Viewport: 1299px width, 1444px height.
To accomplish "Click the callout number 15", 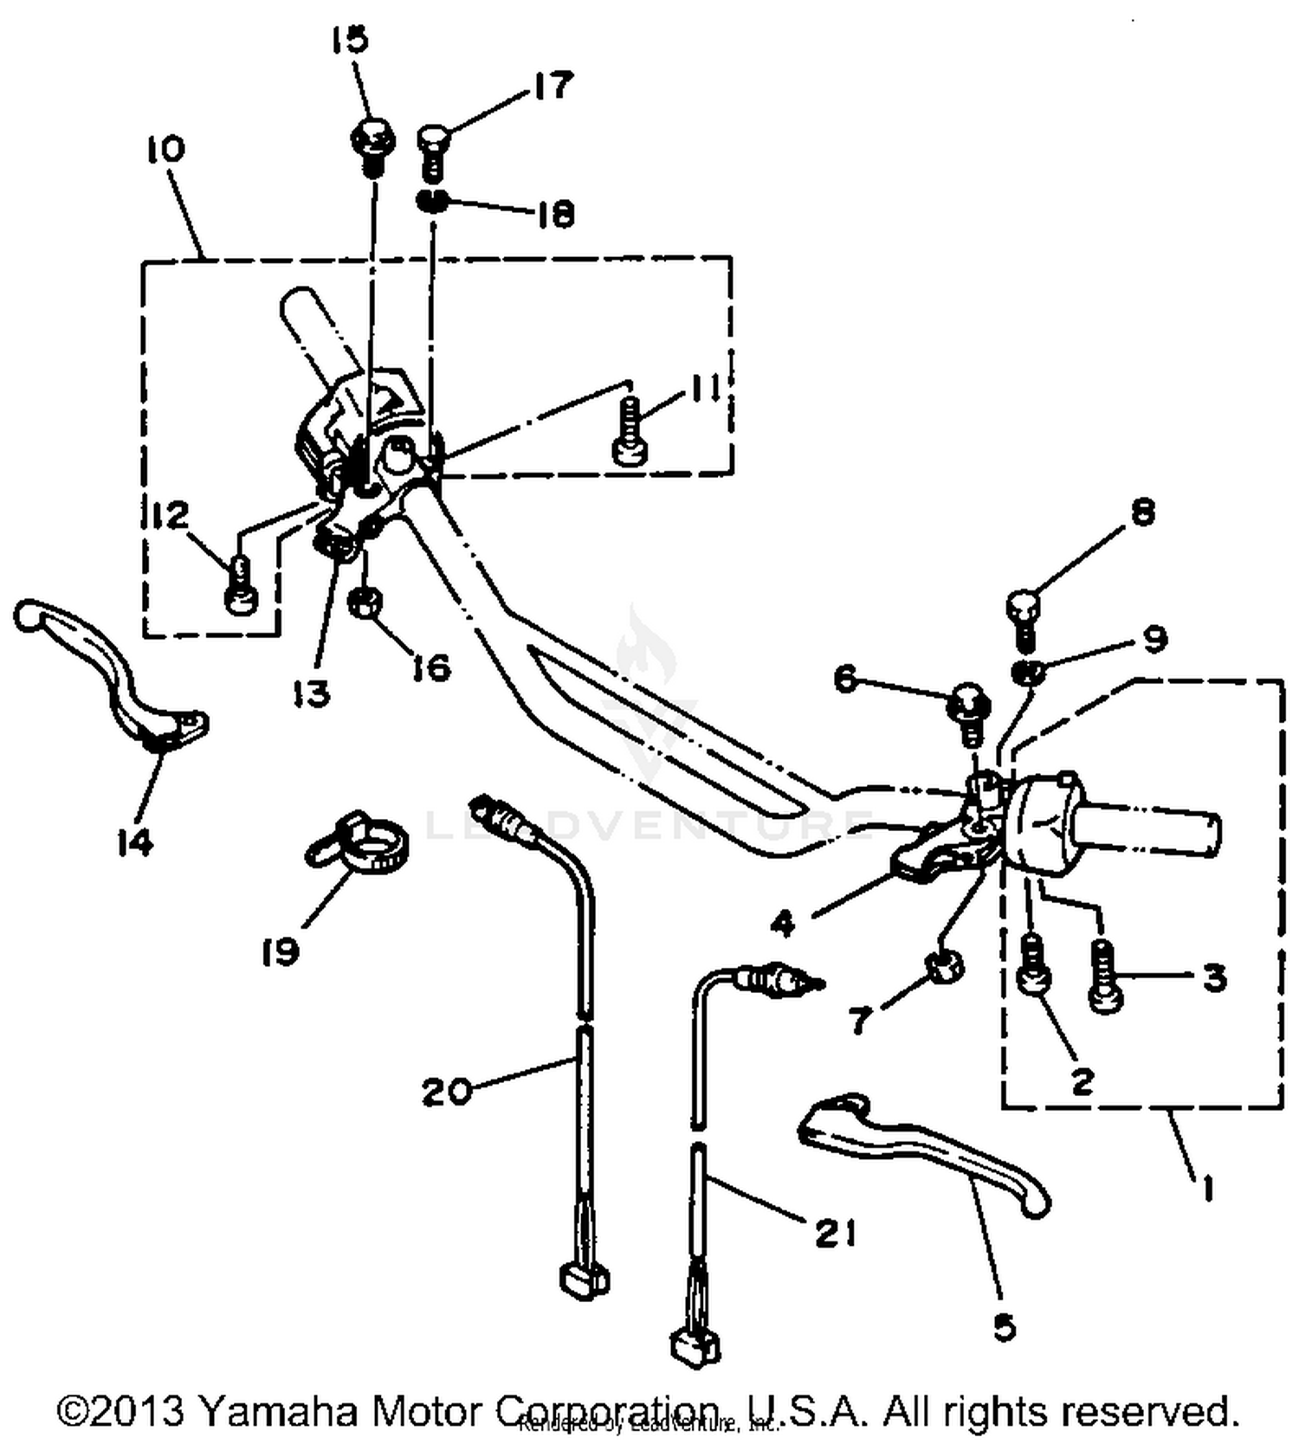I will pyautogui.click(x=350, y=40).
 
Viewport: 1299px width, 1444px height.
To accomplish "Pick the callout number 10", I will pyautogui.click(x=165, y=149).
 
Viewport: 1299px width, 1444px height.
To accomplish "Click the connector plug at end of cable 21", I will pyautogui.click(x=695, y=1346).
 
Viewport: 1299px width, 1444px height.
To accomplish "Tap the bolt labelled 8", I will pyautogui.click(x=1023, y=617).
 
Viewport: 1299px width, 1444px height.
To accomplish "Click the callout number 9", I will pyautogui.click(x=1155, y=640).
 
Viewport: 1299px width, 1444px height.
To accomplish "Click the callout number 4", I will pyautogui.click(x=782, y=925).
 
